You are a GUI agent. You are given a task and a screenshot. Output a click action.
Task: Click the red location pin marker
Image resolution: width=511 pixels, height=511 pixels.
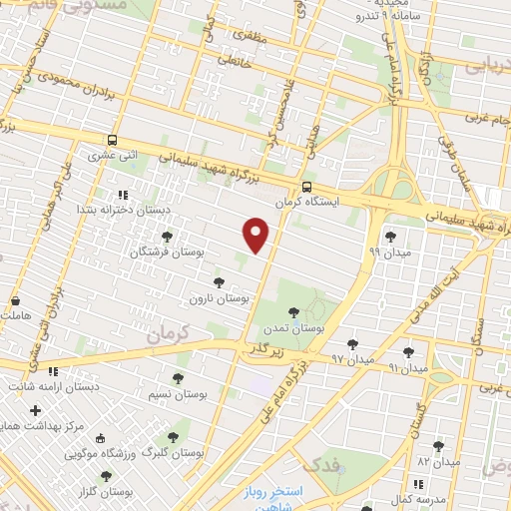pyautogui.click(x=257, y=235)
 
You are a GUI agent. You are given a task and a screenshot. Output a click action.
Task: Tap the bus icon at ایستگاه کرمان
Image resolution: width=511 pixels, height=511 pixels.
pyautogui.click(x=306, y=186)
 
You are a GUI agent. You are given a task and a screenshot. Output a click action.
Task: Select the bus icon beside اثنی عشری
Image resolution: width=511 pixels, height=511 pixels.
pyautogui.click(x=111, y=141)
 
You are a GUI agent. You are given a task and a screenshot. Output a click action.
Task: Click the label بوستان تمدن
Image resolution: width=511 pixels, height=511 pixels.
pyautogui.click(x=323, y=327)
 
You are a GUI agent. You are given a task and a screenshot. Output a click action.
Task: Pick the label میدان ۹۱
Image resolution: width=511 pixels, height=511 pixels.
pyautogui.click(x=407, y=369)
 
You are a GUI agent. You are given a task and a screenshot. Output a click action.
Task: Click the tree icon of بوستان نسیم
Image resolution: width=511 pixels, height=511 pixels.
pyautogui.click(x=178, y=378)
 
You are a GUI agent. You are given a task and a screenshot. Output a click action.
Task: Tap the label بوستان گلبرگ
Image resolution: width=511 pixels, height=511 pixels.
pyautogui.click(x=174, y=452)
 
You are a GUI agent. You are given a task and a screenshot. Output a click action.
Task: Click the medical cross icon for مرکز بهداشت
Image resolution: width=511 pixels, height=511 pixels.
pyautogui.click(x=36, y=410)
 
